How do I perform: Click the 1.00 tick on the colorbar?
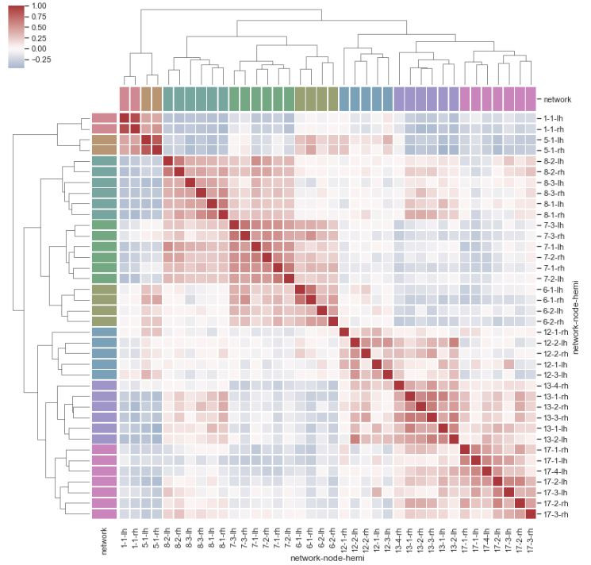pos(37,6)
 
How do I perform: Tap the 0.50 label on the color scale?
pos(37,26)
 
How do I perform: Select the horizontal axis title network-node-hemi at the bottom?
pos(328,558)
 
